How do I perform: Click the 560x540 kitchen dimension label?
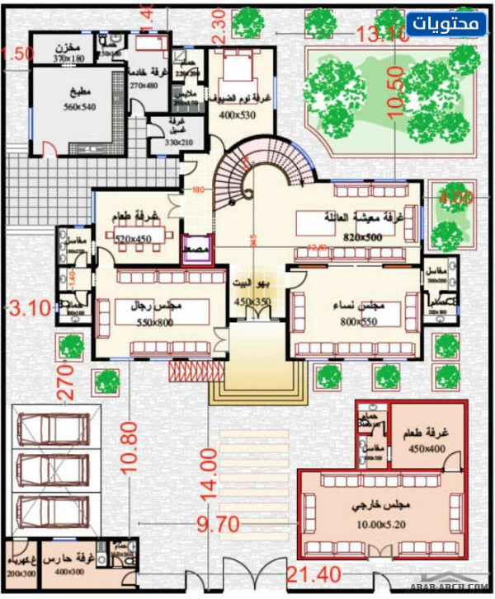pyautogui.click(x=80, y=106)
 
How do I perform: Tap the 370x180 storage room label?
pyautogui.click(x=71, y=58)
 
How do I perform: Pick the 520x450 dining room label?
pyautogui.click(x=133, y=238)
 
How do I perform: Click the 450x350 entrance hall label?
pyautogui.click(x=252, y=302)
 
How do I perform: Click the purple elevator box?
pyautogui.click(x=198, y=247)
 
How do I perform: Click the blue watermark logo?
pyautogui.click(x=456, y=24)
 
